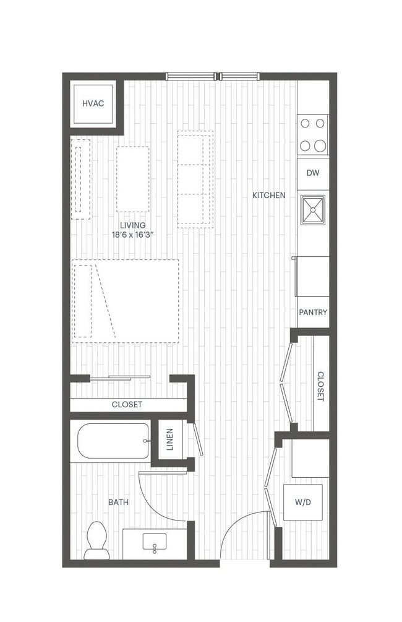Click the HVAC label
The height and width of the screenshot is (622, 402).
pos(93,103)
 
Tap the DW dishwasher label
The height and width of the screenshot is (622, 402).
pos(313,173)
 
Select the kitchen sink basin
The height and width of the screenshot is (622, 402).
pos(313,210)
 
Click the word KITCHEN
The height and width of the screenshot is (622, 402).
pos(269,196)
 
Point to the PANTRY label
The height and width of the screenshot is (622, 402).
pos(313,313)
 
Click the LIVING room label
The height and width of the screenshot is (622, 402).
pos(133,225)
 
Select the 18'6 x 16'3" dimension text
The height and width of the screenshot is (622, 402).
pos(133,235)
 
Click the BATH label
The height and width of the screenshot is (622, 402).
pos(118,503)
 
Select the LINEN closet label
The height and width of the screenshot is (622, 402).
pos(170,440)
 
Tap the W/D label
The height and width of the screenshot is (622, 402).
pos(302,502)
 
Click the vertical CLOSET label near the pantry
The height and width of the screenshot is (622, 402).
pos(320,386)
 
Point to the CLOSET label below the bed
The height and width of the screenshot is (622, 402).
pos(127,405)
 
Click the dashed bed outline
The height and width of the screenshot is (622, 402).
pos(126,301)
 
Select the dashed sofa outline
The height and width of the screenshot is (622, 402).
pos(195,179)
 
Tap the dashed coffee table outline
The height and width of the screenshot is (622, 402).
pos(132,179)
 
